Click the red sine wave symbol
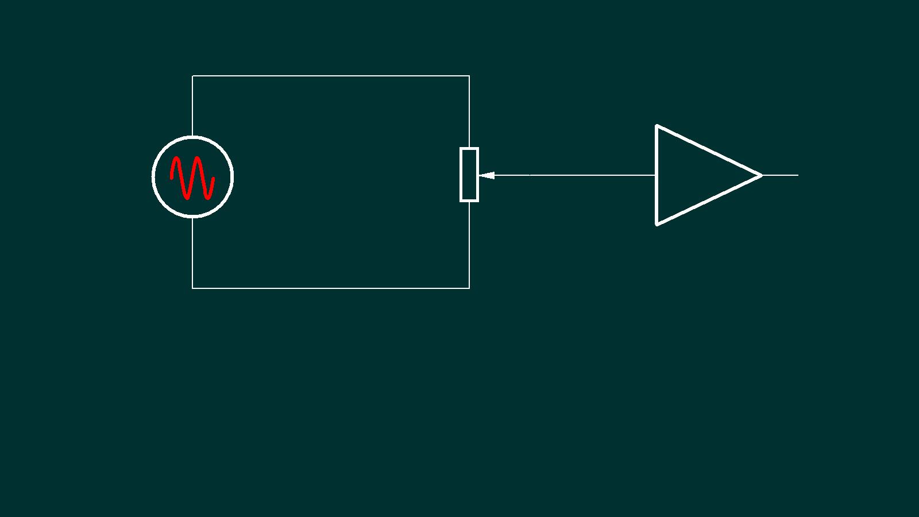192,178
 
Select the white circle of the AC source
153,177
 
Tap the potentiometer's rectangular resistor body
469,175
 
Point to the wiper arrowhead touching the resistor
485,175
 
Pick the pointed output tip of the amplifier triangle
760,175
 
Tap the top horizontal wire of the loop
331,76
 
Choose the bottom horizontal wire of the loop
331,288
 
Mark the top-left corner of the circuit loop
192,76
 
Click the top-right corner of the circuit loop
469,76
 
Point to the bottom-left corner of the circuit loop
192,288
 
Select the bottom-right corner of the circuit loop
469,288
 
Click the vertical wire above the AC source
192,106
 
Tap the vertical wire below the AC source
192,253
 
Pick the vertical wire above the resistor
469,112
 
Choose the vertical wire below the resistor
469,244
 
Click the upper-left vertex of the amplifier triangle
657,126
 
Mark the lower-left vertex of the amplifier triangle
657,223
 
